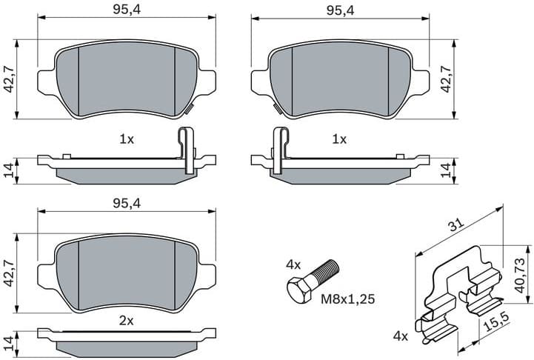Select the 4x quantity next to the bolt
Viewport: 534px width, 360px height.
294,264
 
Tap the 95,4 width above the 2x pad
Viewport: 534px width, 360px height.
127,202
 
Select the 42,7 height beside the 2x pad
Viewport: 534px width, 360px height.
10,272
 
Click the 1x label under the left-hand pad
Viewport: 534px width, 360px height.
127,139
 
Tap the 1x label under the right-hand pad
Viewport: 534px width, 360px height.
339,139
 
